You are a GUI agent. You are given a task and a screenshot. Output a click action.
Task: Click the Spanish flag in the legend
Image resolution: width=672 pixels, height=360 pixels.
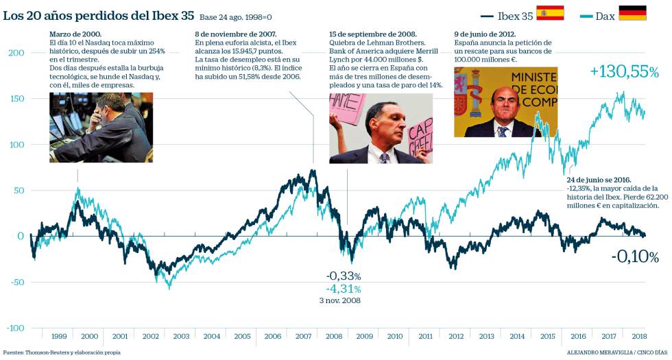click(549, 13)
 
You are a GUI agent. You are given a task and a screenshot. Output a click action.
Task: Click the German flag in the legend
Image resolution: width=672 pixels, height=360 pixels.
click(632, 13)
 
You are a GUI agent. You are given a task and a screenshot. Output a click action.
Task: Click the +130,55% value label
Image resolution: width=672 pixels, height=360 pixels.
click(624, 71)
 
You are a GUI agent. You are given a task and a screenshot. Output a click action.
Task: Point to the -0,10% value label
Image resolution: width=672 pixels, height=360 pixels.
click(635, 257)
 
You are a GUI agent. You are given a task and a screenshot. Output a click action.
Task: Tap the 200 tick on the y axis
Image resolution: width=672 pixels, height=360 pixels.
click(16, 53)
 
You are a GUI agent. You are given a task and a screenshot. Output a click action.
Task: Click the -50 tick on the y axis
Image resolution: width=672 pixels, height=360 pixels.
click(16, 282)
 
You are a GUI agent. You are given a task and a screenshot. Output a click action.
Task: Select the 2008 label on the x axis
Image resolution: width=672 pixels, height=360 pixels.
click(333, 337)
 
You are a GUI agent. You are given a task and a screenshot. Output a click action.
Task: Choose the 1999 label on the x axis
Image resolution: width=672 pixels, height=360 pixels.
click(59, 337)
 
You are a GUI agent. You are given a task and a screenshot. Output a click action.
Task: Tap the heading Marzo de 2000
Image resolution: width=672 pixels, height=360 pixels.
click(75, 34)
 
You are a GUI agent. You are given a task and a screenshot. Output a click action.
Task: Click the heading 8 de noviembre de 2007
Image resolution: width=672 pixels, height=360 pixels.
click(236, 34)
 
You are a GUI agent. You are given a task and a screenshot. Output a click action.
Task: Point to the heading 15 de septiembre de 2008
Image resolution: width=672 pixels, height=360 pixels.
click(372, 34)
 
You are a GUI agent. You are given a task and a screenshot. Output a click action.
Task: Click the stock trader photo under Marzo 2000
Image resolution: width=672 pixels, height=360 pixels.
click(100, 128)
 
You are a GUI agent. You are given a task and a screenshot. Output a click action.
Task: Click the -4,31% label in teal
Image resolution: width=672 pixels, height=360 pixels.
click(343, 289)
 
